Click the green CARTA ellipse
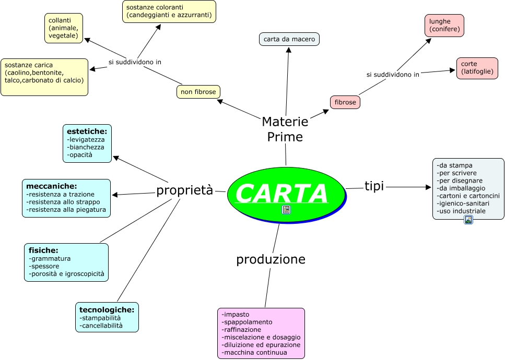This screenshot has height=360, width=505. [286, 194]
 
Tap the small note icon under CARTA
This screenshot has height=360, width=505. [286, 210]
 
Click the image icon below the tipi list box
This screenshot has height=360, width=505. [468, 220]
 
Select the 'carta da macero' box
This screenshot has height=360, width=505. [289, 39]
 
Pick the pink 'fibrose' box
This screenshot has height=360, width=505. [345, 102]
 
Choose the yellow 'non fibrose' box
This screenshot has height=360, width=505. [198, 92]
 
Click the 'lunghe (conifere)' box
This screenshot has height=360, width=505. [444, 26]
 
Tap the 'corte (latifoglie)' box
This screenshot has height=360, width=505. [477, 68]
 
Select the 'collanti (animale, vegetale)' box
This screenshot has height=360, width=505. [64, 28]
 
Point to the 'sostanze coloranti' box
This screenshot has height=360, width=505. [169, 11]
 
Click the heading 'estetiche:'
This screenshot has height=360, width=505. [87, 131]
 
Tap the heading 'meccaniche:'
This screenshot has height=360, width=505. [52, 186]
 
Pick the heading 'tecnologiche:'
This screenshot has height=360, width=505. [107, 310]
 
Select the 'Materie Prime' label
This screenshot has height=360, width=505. [285, 129]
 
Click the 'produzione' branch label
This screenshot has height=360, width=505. [271, 259]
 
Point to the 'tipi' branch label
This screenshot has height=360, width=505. [374, 186]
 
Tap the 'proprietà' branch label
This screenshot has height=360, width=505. [185, 190]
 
